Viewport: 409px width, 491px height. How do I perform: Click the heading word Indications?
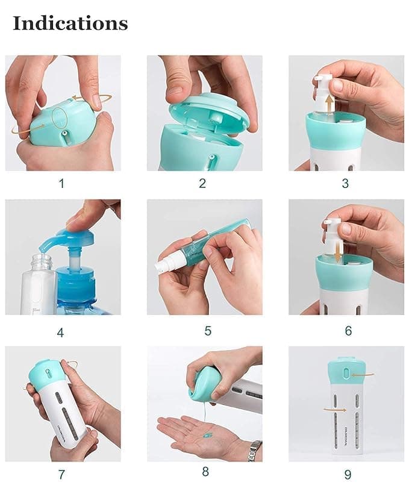70,23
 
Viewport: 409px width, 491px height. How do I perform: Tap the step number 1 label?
61,183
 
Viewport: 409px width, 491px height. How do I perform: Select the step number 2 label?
202,183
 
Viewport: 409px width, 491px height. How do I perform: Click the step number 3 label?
345,183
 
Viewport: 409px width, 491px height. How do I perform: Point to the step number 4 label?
60,332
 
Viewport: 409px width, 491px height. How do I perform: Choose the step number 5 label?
208,331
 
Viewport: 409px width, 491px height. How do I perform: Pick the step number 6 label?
348,331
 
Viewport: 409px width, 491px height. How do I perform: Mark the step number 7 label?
61,475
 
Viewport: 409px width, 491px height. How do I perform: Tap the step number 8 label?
205,472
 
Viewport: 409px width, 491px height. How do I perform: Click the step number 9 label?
348,475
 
